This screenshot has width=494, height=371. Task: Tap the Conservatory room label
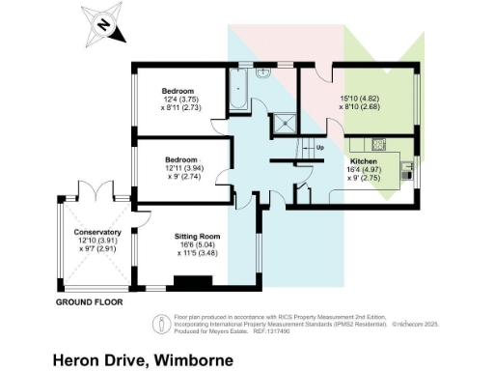coord(97,233)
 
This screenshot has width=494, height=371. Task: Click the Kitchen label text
coord(364,160)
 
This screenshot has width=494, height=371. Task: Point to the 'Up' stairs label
coord(318,147)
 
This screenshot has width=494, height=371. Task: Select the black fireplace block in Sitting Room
coord(189,282)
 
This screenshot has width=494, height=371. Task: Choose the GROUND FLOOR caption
coord(90,302)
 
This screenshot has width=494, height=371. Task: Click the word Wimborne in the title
coord(190,359)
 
